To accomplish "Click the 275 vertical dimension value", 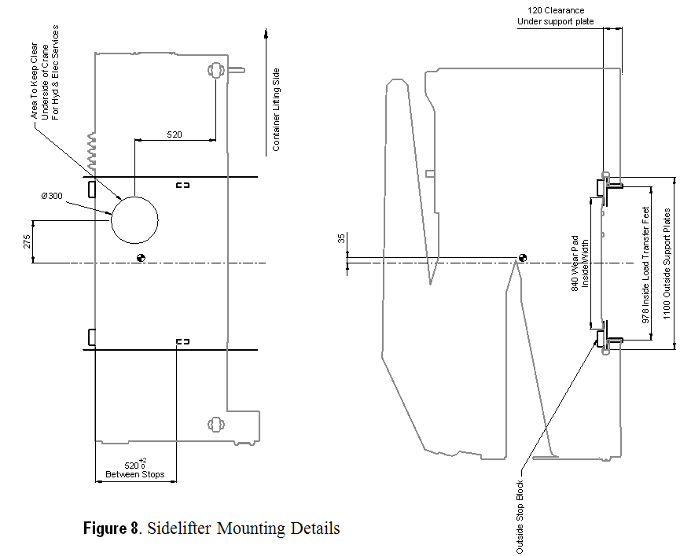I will (x=26, y=241).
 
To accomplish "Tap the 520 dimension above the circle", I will (x=175, y=134).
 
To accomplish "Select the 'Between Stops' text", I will (x=134, y=474).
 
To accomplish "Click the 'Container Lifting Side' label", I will (x=276, y=109).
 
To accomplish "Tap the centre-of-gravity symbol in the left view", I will (x=141, y=257).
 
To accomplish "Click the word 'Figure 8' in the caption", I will (x=111, y=528).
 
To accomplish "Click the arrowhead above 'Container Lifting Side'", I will (x=267, y=34).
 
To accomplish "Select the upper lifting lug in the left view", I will (x=215, y=70).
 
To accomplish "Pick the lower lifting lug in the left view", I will (x=215, y=425).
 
